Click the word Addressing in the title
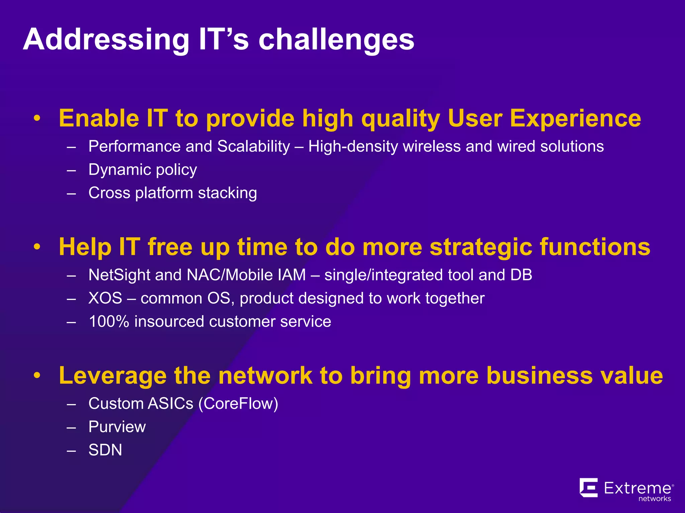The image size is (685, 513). [x=106, y=40]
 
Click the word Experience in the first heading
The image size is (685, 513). [x=575, y=119]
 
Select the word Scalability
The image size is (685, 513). [x=254, y=147]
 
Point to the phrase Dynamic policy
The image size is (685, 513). [x=142, y=170]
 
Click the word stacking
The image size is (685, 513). [x=227, y=193]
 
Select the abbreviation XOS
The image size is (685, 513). [x=105, y=298]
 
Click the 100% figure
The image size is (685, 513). [x=109, y=322]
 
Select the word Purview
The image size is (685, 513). [x=117, y=427]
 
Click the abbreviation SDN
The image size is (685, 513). [x=105, y=450]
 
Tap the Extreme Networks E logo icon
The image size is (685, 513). [x=589, y=488]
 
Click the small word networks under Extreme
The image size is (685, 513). [x=655, y=499]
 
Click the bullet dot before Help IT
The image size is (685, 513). [x=37, y=247]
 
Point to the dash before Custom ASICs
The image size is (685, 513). [x=71, y=404]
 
